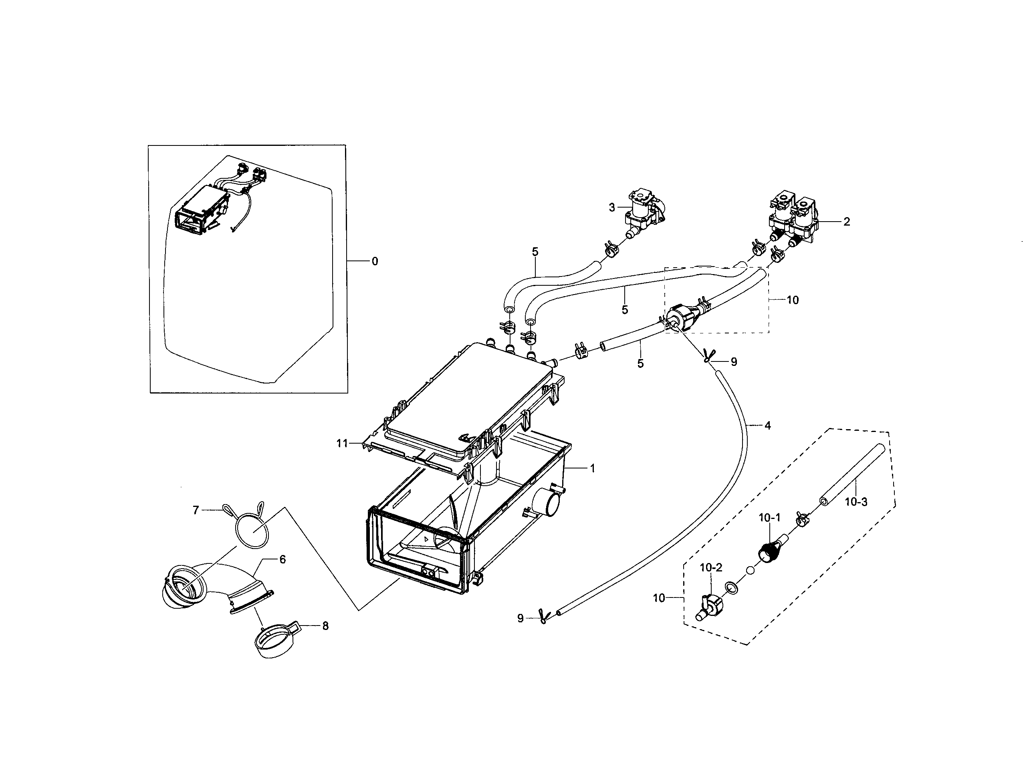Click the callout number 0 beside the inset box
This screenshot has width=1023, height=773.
[375, 262]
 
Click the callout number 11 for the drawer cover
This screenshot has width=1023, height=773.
[342, 444]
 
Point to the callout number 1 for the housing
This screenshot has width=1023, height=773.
[592, 468]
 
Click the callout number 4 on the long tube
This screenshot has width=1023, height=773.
[768, 426]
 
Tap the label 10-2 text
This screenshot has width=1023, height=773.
[711, 567]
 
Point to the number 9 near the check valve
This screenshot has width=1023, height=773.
[734, 362]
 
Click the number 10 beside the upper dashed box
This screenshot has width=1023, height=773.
[793, 300]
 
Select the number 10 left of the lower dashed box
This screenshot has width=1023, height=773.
[659, 598]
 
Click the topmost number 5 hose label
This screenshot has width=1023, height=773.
[535, 252]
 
